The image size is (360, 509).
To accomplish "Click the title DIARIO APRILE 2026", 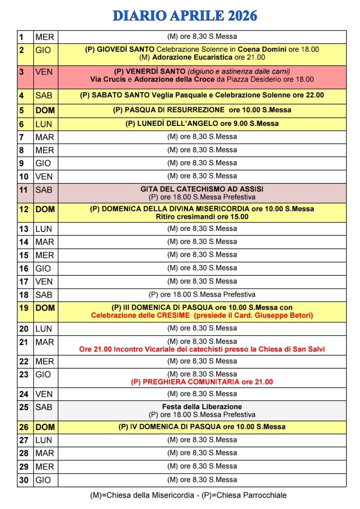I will coord(185,16).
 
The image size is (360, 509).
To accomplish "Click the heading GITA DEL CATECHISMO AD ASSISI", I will coord(202,189).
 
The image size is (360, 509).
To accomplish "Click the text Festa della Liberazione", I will coord(202,407).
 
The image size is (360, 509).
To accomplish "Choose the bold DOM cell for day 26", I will coord(45,427).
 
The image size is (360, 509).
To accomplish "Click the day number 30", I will coord(24,480).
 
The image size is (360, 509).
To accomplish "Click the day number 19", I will coord(24,308).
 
